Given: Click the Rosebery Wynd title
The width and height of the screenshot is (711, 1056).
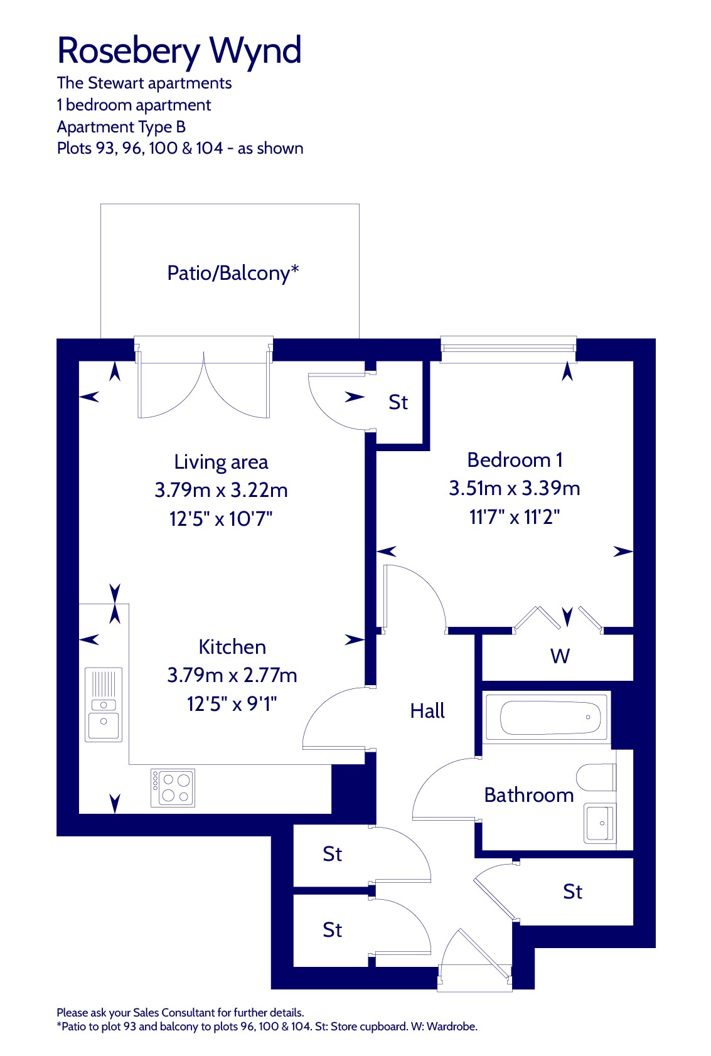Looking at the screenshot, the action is click(179, 51).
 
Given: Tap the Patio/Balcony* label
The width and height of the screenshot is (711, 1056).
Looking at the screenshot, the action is click(233, 273).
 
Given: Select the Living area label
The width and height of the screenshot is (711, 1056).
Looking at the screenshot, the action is click(221, 462).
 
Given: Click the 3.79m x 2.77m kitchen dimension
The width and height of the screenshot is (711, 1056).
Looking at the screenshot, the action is click(232, 675).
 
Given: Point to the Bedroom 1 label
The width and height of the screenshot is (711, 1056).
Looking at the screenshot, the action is click(515, 460).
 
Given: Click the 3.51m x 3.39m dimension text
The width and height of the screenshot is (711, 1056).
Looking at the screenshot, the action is click(515, 488).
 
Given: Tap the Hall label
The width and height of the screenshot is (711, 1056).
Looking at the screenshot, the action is click(427, 710).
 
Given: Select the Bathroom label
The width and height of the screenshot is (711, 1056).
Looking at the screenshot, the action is click(529, 796).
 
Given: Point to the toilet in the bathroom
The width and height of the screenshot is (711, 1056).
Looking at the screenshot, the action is click(596, 777).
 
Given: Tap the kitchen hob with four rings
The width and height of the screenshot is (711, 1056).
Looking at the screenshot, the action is click(173, 787).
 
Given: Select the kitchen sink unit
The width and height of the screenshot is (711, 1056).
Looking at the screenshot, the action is click(104, 705).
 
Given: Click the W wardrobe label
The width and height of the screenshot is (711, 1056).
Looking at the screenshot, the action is click(560, 656).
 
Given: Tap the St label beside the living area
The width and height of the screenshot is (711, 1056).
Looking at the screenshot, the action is click(398, 402).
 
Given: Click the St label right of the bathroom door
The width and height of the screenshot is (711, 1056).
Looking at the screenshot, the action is click(573, 892).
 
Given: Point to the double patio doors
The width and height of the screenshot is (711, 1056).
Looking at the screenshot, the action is click(204, 377).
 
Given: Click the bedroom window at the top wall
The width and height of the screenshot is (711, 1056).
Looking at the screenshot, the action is click(508, 349).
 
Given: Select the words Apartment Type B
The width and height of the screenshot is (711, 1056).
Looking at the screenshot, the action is click(121, 127).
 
